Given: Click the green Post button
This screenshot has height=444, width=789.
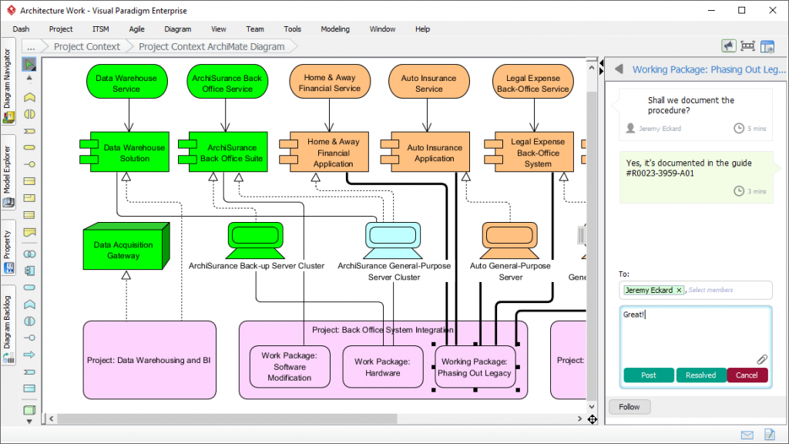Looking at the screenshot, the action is (649, 375).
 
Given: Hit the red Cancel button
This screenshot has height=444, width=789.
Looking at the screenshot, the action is (747, 375).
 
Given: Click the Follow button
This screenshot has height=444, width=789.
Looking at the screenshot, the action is (630, 407).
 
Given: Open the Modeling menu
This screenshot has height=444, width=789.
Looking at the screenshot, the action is (335, 29).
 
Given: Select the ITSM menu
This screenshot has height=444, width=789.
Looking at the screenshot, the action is (101, 29).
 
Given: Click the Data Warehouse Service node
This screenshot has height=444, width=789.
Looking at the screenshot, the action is (126, 82).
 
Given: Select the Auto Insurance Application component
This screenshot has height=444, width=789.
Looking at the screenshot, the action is (430, 152).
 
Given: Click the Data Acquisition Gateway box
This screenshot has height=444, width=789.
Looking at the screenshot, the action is (126, 247).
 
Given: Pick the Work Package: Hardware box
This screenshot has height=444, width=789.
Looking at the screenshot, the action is (383, 367).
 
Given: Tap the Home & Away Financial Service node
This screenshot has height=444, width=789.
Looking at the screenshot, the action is (330, 82).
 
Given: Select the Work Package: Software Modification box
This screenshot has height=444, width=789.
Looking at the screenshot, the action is (290, 367).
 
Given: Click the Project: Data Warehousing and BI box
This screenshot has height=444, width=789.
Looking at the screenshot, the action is (149, 360).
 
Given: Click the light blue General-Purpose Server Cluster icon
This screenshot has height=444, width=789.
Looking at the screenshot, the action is (394, 240).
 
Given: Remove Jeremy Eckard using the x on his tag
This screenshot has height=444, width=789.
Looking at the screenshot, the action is (679, 290).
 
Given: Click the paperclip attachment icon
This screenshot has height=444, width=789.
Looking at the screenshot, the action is (762, 359).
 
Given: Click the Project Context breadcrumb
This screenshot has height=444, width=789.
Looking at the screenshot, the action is (86, 47).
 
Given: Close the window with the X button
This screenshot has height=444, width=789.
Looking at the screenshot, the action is (772, 10).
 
